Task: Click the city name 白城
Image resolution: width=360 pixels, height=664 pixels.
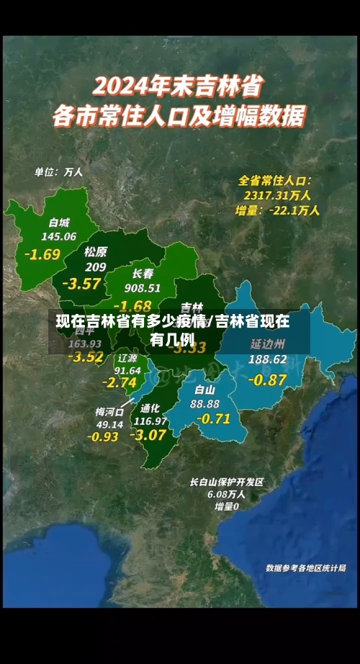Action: tap(59, 222)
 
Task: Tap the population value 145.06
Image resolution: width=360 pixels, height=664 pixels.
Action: tap(59, 236)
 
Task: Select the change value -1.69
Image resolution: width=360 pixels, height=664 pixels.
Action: tap(42, 254)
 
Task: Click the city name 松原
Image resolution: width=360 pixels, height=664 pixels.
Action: tap(95, 252)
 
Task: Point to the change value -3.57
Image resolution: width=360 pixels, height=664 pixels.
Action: tap(81, 283)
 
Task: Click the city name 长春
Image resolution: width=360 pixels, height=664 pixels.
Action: tap(143, 274)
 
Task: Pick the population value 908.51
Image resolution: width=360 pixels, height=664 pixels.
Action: tap(143, 288)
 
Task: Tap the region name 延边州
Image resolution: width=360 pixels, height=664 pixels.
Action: tap(268, 344)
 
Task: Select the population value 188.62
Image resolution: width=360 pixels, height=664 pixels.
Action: tap(268, 359)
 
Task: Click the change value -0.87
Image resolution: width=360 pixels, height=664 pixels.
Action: tap(267, 379)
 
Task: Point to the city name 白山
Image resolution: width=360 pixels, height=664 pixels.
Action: tap(205, 390)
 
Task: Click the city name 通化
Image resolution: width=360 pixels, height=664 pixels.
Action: tap(150, 408)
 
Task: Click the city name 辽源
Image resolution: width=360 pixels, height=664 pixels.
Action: tap(127, 357)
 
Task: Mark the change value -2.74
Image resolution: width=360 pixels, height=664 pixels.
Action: tap(120, 382)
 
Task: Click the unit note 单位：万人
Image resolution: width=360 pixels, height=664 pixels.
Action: tap(59, 172)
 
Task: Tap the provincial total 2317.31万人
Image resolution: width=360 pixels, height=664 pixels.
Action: tap(277, 194)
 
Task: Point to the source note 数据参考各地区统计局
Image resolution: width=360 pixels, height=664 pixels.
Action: tap(305, 568)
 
